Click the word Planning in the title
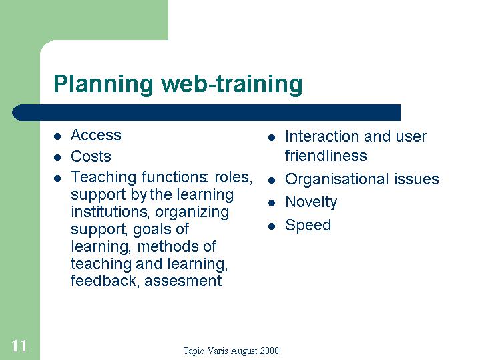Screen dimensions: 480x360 pos(103,85)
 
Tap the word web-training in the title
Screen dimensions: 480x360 pos(232,84)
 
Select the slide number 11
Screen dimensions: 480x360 pos(19,346)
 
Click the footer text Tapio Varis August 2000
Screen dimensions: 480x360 pos(231,351)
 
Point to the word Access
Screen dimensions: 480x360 pos(96,135)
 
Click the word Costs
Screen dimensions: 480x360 pos(91,156)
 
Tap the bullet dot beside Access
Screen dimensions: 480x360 pos(57,136)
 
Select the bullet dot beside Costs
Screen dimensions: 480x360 pos(57,158)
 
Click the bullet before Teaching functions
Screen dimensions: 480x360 pos(57,178)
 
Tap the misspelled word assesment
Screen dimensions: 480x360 pos(183,281)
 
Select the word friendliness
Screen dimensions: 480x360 pos(326,156)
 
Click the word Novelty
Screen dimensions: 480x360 pos(311,202)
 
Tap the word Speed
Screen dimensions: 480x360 pos(308,226)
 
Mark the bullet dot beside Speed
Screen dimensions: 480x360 pos(272,226)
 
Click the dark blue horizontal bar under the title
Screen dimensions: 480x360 pos(206,112)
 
